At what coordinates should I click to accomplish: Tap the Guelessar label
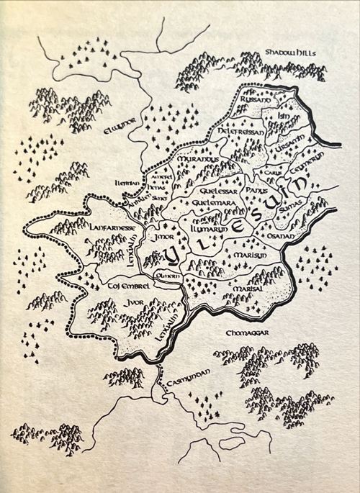click(215, 191)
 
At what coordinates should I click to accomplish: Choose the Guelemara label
click(214, 204)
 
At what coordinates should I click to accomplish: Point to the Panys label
click(256, 191)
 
